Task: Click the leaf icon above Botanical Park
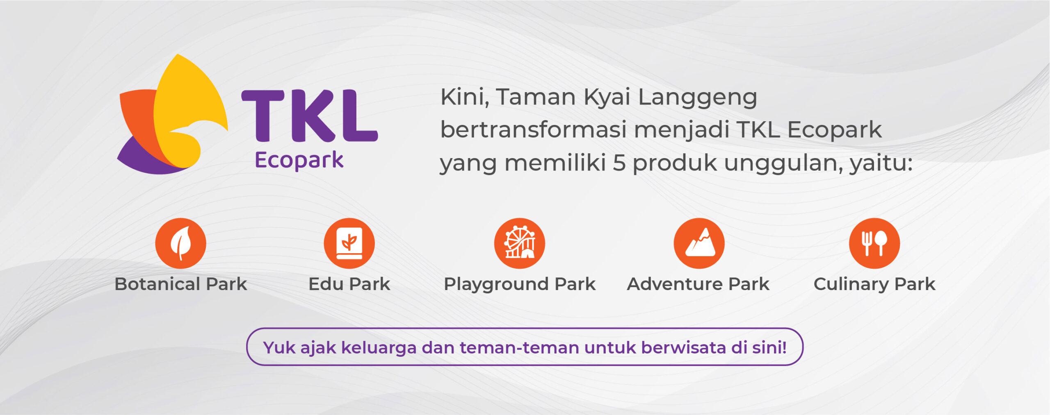click(x=180, y=243)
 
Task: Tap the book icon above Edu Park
click(x=349, y=243)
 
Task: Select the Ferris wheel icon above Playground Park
click(x=519, y=243)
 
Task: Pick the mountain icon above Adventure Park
click(x=699, y=243)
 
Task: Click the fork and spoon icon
click(x=874, y=243)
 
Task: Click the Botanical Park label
click(x=181, y=284)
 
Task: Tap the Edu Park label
click(x=349, y=284)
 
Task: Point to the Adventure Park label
click(x=698, y=284)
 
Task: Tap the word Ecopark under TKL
click(x=299, y=161)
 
